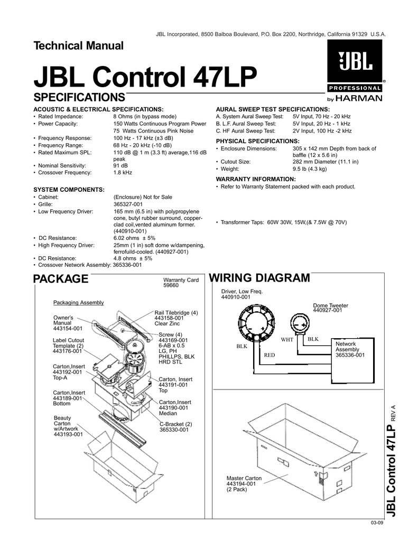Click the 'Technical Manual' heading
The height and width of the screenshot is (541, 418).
click(79, 45)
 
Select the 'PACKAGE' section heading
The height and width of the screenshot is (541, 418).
click(60, 279)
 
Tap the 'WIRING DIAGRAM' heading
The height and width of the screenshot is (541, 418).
click(259, 278)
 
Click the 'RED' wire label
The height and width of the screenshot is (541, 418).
click(270, 356)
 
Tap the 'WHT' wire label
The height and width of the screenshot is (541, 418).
click(287, 339)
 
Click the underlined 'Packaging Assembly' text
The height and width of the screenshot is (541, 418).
click(79, 302)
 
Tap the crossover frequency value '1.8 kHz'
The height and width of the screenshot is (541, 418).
click(123, 173)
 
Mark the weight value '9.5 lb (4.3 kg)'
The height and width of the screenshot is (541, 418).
click(310, 169)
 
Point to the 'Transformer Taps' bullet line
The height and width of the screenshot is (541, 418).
click(281, 222)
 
